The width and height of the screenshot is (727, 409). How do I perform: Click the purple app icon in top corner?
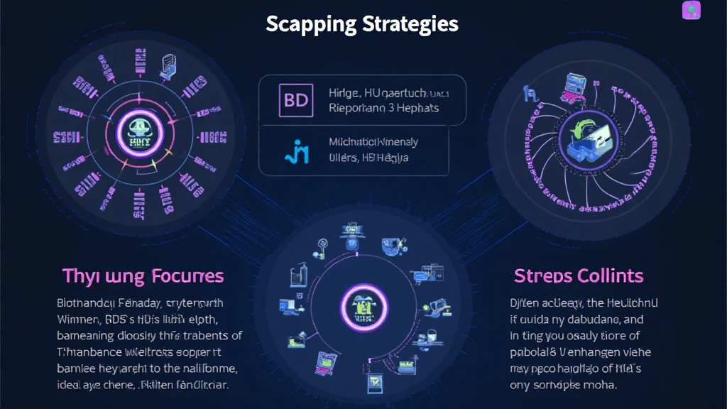point(691,10)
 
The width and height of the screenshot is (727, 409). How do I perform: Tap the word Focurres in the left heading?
point(185,276)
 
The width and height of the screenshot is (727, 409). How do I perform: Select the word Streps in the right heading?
point(542,276)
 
